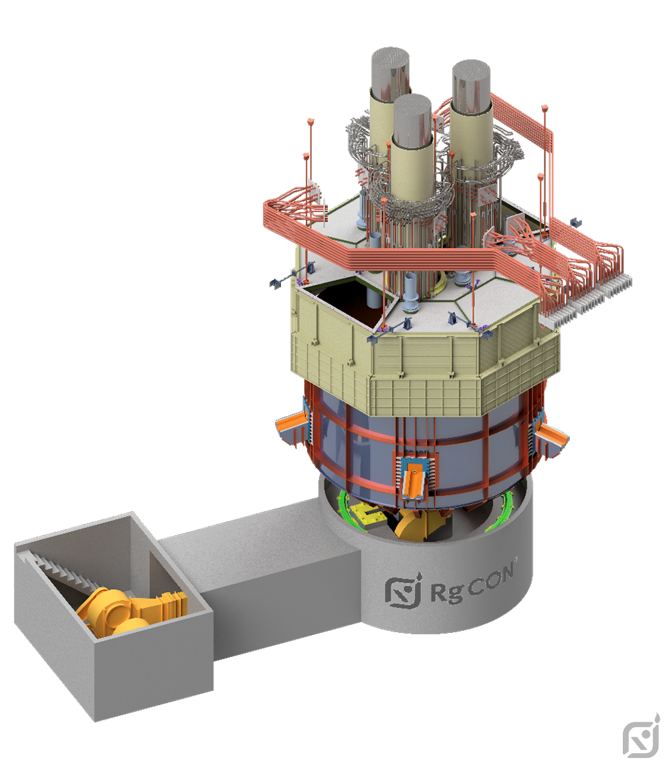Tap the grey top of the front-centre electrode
pos(413,120)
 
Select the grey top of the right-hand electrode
pos(470,86)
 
